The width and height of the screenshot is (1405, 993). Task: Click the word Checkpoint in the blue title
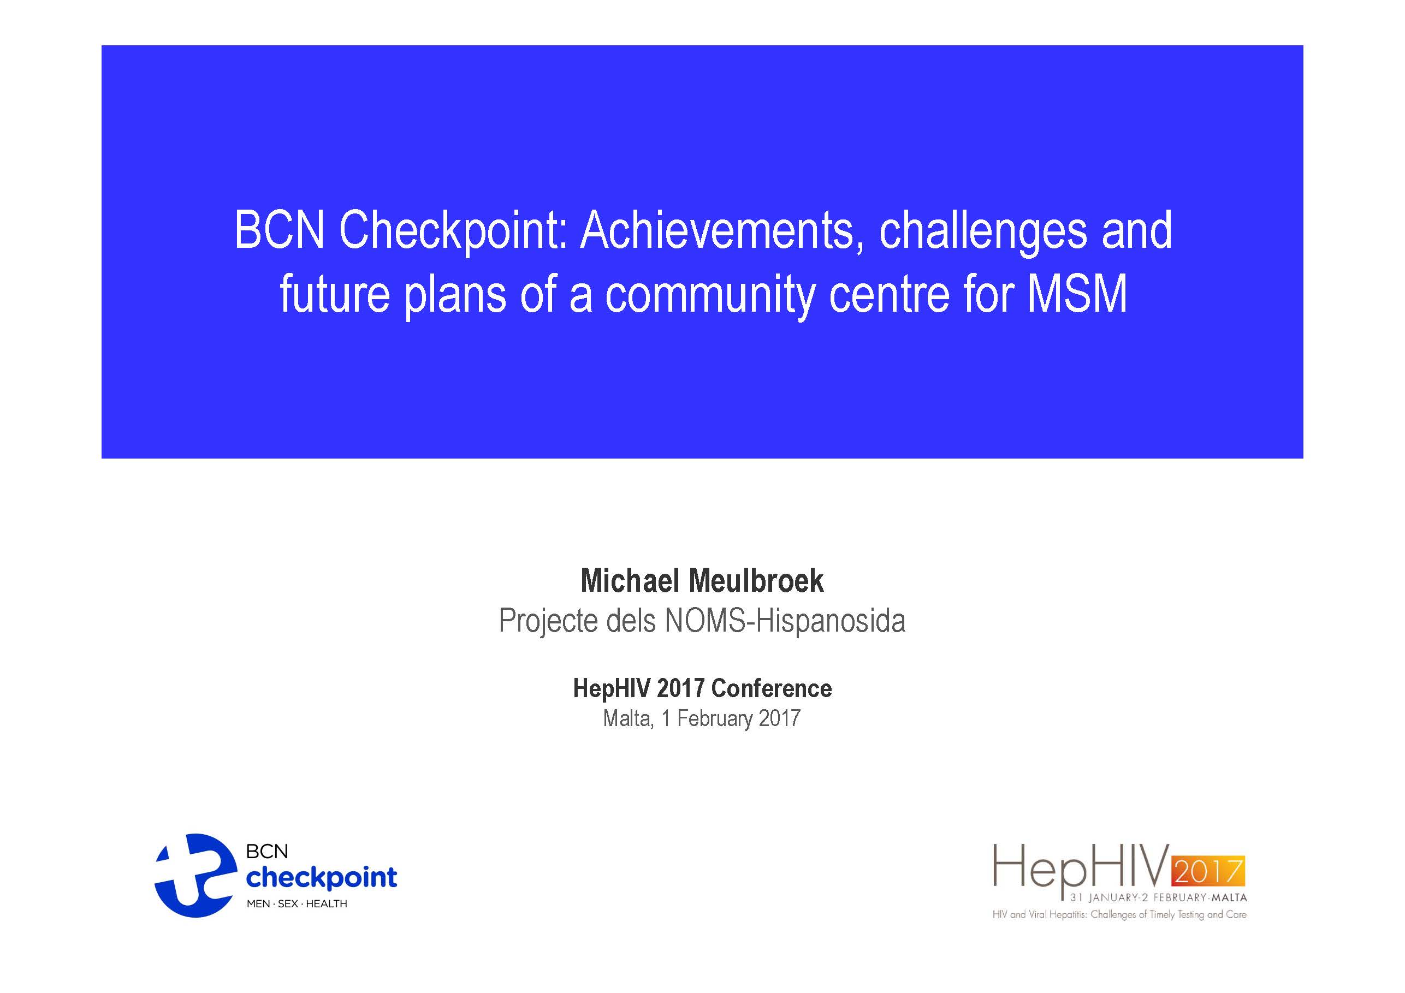[453, 232]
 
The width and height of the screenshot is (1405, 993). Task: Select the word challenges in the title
[983, 232]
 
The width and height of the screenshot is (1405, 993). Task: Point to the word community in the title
[710, 295]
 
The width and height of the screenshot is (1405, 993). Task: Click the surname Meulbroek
[756, 581]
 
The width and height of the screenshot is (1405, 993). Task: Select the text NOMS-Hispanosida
[785, 621]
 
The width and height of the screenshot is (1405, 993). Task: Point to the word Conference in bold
[771, 688]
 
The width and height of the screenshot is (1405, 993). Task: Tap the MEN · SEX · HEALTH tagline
[297, 903]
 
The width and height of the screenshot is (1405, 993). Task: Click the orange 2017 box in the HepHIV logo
[1207, 871]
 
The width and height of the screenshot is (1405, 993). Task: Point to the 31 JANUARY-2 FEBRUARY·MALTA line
[1158, 897]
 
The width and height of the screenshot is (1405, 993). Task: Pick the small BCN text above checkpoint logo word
[267, 852]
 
